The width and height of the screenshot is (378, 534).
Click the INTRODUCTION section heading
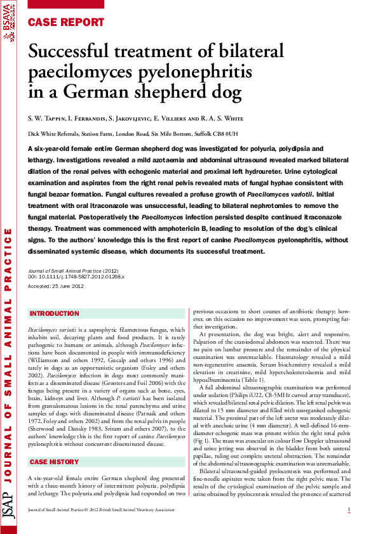click(x=55, y=314)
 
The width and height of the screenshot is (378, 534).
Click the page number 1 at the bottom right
click(x=349, y=510)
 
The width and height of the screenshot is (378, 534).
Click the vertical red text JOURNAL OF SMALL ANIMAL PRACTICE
click(x=9, y=355)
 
